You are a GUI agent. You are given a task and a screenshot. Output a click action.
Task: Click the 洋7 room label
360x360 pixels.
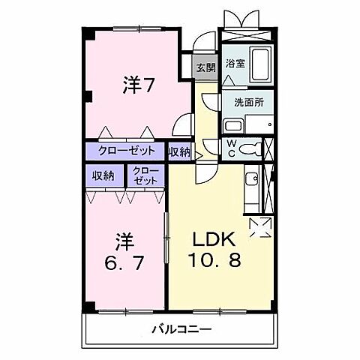click(139, 85)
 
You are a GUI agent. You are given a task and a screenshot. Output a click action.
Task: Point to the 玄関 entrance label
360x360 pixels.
click(205, 67)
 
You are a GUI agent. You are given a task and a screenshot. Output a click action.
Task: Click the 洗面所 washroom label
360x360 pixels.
click(243, 103)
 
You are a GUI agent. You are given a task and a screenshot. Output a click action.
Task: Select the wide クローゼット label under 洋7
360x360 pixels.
click(127, 151)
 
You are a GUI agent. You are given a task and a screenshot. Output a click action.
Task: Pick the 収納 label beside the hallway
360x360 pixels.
click(179, 151)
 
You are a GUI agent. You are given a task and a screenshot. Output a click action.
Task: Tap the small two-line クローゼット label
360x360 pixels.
click(146, 176)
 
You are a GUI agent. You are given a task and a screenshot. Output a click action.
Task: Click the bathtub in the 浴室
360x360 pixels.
click(262, 67)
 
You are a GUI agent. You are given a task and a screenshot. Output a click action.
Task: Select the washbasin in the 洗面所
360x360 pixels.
click(233, 125)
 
